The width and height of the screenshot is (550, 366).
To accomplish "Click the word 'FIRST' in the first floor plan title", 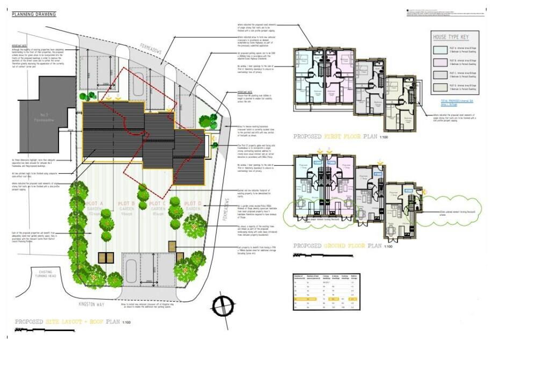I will tap(336, 137).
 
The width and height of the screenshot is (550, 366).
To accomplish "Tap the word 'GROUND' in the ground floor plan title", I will tap(339, 246).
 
